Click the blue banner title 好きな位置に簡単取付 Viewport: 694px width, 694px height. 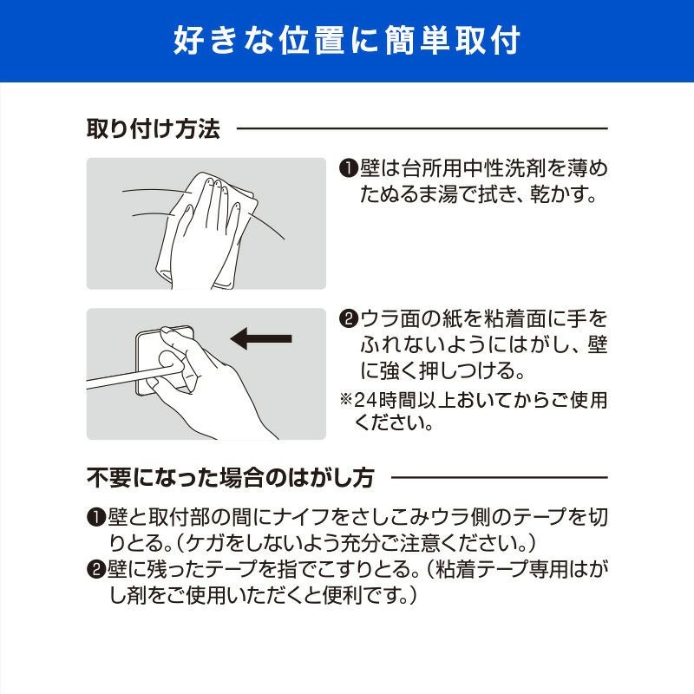coord(346,40)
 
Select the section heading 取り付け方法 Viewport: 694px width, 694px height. coord(154,128)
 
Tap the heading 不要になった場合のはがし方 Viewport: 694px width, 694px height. coord(231,478)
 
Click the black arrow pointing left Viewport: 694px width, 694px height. coord(261,339)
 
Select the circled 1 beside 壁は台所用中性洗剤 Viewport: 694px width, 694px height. coord(349,168)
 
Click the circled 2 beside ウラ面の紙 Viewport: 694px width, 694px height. coord(349,318)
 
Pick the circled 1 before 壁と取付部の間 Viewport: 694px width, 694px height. coord(95,517)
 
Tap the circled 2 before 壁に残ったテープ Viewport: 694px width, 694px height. coord(95,569)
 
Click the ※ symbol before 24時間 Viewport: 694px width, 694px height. coord(345,400)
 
